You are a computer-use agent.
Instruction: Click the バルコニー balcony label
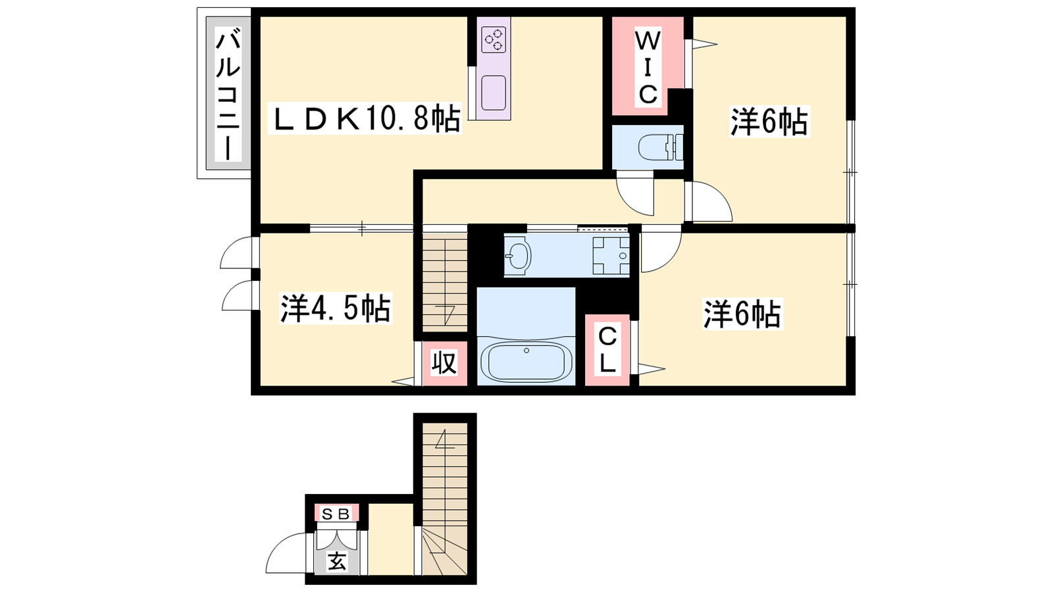coord(228,94)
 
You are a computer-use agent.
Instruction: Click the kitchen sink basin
coord(494,93)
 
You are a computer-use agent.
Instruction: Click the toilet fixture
coord(661,147)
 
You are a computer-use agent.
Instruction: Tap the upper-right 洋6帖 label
coord(769,122)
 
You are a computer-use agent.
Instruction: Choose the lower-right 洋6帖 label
coord(742,314)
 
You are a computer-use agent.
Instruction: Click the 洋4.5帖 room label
coord(336,308)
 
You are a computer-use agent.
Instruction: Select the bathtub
coord(526,362)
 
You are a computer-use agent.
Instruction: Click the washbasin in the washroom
coord(518,256)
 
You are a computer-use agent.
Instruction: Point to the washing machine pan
coord(611,256)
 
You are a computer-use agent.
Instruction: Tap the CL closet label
coord(607,351)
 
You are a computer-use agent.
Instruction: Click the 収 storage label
coord(444,363)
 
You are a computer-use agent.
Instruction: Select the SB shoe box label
coord(336,514)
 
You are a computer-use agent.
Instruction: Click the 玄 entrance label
coord(337,562)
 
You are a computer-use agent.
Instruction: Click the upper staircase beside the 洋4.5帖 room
coord(445,285)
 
